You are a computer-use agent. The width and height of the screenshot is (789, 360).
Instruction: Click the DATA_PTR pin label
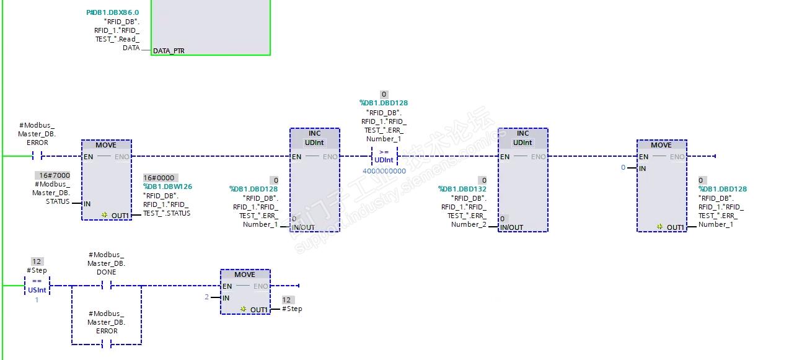(169, 51)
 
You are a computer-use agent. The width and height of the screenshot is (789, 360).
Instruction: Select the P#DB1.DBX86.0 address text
(112, 12)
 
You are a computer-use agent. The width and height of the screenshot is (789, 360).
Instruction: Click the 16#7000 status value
(55, 175)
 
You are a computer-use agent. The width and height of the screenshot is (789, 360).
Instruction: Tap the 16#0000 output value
(159, 178)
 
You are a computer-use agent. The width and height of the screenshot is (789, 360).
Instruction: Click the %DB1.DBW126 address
(167, 187)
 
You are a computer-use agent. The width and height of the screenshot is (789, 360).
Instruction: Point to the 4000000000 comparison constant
(384, 171)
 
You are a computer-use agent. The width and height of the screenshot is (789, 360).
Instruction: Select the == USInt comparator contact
(37, 286)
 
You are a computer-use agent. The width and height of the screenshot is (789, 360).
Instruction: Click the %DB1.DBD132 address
(462, 189)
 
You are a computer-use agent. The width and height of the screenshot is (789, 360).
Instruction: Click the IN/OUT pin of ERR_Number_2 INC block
(511, 227)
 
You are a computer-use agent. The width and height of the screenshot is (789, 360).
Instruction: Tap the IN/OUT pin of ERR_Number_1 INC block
(303, 227)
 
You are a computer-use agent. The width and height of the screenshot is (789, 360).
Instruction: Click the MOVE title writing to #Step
(245, 274)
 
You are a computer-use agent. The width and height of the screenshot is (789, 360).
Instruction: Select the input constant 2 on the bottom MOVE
(207, 297)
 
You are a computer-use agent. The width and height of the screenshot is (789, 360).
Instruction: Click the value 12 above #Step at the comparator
(37, 261)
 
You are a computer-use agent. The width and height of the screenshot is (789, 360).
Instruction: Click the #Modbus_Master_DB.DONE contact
(106, 286)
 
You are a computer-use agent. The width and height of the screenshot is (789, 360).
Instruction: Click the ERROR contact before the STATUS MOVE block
(37, 156)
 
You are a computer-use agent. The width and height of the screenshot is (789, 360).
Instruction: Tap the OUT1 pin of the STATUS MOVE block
(120, 216)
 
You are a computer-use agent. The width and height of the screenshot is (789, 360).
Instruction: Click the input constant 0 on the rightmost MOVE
(624, 167)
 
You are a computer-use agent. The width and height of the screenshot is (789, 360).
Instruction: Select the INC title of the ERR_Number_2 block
(522, 133)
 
